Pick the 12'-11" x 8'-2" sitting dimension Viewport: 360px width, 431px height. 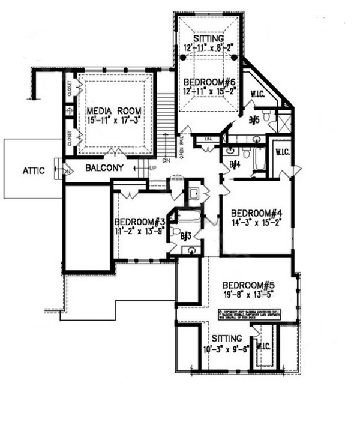[x=208, y=48]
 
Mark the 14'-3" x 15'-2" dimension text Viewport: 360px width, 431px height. [x=256, y=223]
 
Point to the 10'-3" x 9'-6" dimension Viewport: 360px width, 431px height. [x=226, y=348]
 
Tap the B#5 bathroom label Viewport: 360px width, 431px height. [x=254, y=120]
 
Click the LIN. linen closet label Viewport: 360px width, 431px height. [x=208, y=140]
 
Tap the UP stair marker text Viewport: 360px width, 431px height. [x=152, y=168]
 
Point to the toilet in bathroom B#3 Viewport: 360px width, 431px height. [x=174, y=231]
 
